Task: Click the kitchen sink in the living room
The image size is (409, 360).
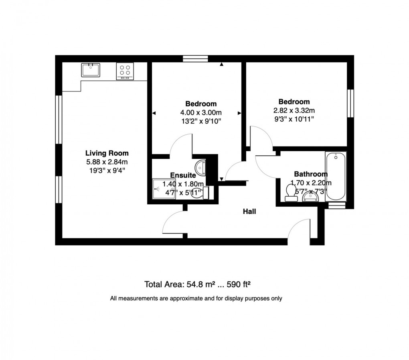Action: coord(91,70)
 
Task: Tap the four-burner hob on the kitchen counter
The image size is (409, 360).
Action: coord(124,71)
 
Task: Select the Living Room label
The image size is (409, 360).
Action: coord(107,153)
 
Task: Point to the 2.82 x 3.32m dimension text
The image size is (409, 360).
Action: coord(294,110)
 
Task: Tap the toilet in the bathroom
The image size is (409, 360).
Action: coord(290,192)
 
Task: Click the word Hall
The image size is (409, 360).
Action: coord(249,212)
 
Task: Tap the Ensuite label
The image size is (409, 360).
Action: coord(183,175)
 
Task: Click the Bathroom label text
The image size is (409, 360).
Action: coord(310,174)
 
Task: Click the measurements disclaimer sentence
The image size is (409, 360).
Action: coord(196,299)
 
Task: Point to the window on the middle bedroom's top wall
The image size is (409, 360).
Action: coord(195,59)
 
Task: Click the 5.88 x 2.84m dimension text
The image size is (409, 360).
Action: coord(107,162)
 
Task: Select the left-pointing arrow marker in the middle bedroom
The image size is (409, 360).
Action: coord(154,114)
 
